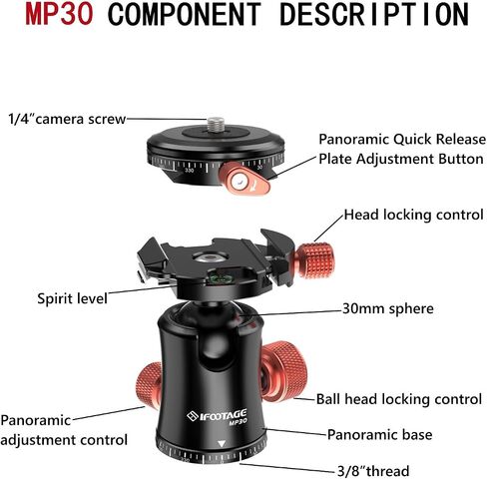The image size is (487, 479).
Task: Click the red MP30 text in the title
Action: (59, 14)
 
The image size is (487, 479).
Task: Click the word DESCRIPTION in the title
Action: (374, 14)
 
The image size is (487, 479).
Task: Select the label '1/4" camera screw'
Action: (67, 119)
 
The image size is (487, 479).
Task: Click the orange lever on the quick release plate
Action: (243, 179)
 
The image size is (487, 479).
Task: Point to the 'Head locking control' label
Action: (413, 215)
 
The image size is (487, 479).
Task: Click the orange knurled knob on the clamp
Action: (315, 260)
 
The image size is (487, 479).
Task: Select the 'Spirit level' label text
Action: (72, 298)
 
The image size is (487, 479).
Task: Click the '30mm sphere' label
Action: (388, 308)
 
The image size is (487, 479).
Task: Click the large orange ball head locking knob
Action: (283, 371)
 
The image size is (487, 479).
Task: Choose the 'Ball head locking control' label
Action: (399, 399)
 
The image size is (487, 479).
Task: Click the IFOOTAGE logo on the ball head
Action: (217, 416)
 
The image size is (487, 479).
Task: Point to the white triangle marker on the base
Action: (222, 444)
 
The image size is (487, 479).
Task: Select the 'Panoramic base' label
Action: (380, 434)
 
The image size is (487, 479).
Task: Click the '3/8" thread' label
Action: (373, 471)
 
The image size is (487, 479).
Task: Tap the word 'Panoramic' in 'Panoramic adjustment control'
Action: (36, 420)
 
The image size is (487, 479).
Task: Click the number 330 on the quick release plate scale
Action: (189, 171)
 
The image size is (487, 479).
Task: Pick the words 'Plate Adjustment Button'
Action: (401, 159)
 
